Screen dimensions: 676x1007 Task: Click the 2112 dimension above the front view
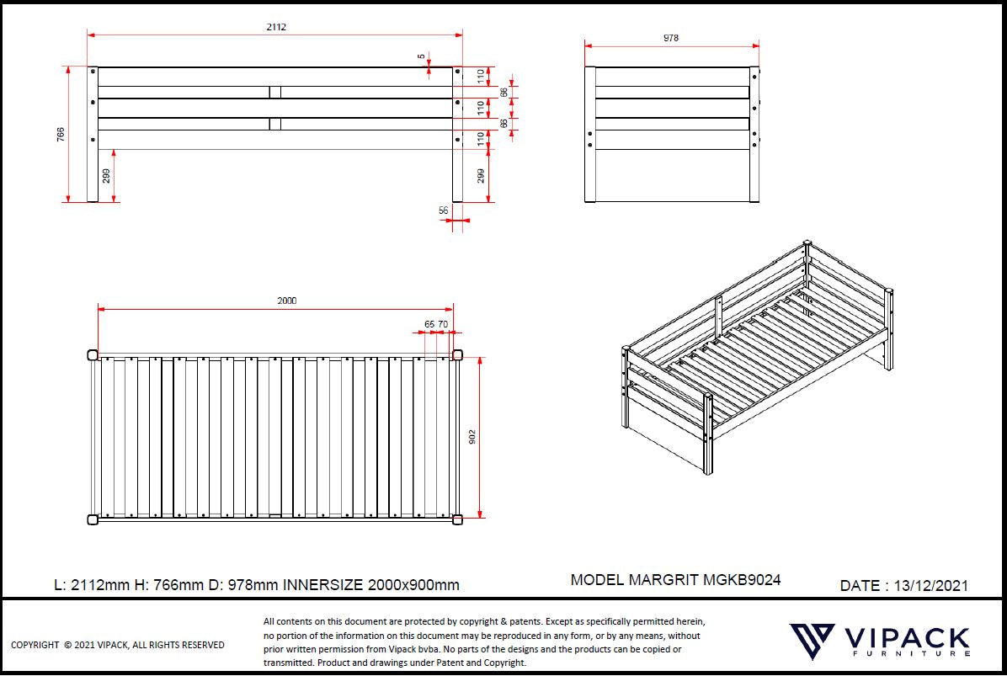coord(276,27)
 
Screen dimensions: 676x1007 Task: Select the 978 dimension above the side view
coord(671,38)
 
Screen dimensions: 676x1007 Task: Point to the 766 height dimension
coord(61,135)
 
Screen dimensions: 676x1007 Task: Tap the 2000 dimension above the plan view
coord(287,301)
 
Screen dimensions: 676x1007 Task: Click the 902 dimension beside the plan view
coord(472,438)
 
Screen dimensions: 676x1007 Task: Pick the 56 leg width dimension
coord(444,210)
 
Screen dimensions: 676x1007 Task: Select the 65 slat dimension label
coord(429,323)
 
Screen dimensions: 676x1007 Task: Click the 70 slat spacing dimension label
coord(443,323)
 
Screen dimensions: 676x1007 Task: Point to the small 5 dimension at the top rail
coord(421,57)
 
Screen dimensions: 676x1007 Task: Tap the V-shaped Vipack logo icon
coord(812,642)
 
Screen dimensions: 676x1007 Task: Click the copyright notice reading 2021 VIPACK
coord(117,645)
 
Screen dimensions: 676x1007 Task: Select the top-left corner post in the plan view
coord(92,354)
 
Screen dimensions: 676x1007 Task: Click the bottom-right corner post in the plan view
coord(458,519)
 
